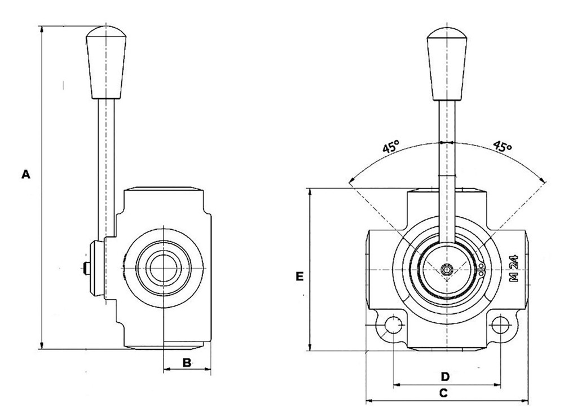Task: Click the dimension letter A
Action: (25, 174)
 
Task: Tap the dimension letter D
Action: (444, 376)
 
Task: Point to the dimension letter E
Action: (300, 276)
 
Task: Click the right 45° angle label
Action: (503, 147)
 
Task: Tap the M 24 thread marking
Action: (514, 268)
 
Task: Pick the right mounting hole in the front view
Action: (500, 326)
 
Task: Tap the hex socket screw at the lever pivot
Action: (447, 270)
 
